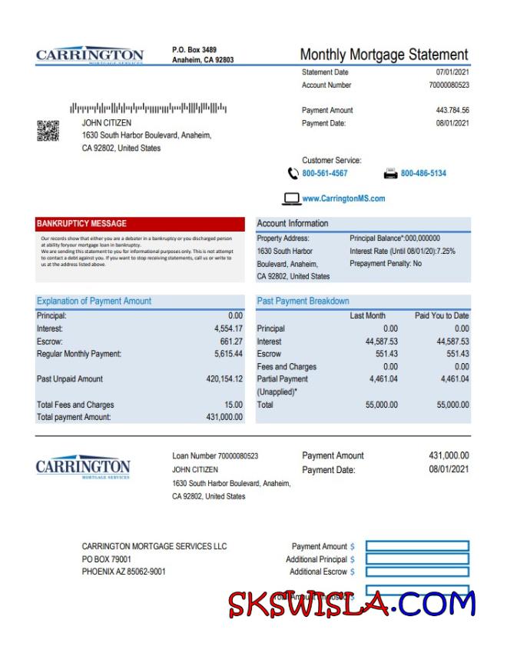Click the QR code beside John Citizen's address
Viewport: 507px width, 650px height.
[x=48, y=131]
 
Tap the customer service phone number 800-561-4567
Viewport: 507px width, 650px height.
[x=324, y=174]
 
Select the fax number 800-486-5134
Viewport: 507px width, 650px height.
[x=423, y=174]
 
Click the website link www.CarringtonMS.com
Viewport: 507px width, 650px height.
[x=343, y=198]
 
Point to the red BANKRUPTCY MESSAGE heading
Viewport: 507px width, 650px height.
[x=81, y=224]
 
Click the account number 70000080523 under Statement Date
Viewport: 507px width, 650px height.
[x=449, y=85]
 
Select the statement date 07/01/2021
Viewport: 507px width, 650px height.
[x=452, y=72]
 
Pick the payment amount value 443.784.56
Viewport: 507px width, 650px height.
[x=452, y=111]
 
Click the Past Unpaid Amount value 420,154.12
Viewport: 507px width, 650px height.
[x=224, y=379]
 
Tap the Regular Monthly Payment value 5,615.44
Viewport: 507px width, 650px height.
[x=228, y=354]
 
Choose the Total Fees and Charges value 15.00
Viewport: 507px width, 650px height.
[x=234, y=405]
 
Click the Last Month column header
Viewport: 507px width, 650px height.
[x=367, y=315]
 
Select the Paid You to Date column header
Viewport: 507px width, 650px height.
[x=442, y=315]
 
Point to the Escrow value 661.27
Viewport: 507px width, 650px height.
[x=231, y=342]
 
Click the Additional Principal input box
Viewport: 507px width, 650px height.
[x=417, y=559]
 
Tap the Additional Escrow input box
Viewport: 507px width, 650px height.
[x=417, y=572]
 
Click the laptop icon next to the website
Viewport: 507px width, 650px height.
[x=292, y=198]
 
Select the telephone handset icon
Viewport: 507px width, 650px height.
[x=293, y=173]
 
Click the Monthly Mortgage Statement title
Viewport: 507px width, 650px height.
[x=383, y=55]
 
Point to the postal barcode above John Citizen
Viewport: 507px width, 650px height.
[x=148, y=108]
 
